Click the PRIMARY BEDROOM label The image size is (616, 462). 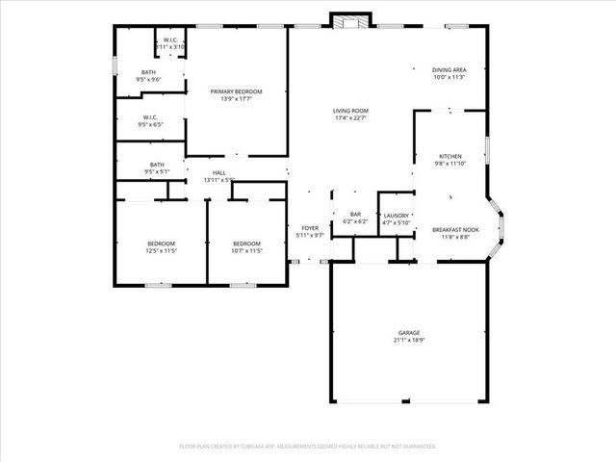point(236,91)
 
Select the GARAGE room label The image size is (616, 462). point(409,332)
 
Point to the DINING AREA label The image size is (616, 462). point(449,70)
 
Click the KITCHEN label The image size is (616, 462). point(450,156)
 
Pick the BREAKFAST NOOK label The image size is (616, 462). point(455,229)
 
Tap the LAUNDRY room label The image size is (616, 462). point(397,216)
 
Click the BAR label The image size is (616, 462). point(355,214)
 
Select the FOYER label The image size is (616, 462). point(310,228)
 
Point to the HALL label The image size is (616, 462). point(219,172)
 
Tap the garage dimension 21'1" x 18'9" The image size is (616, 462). point(409,340)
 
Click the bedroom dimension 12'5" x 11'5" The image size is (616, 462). point(161,250)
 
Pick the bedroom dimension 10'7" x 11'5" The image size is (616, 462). point(247,250)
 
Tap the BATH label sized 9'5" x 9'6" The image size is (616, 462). point(149,72)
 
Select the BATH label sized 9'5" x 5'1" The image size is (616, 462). point(156,165)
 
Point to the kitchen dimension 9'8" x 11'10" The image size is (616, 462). point(450,164)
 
